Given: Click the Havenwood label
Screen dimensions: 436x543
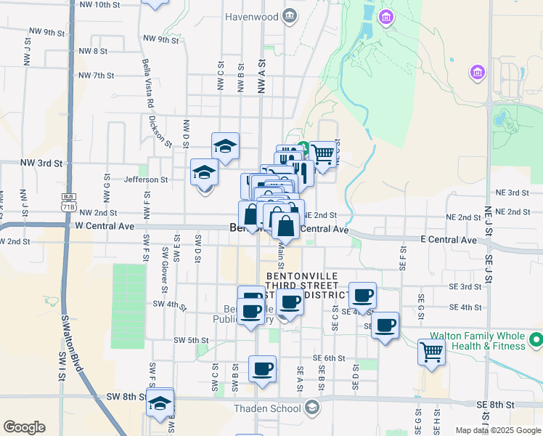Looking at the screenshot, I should (x=251, y=16).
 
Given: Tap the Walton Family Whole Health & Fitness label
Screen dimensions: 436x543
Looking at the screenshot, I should (x=477, y=341).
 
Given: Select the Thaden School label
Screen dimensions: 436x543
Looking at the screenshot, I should (x=267, y=408).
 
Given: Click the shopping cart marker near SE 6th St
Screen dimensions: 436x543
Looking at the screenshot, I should (x=431, y=352).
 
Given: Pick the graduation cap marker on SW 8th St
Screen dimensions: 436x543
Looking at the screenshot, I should (x=160, y=403).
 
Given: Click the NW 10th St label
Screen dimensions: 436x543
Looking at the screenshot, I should (x=96, y=4).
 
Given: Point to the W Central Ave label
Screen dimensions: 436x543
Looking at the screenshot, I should (x=105, y=226).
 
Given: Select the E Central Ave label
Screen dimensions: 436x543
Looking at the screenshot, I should (x=448, y=239).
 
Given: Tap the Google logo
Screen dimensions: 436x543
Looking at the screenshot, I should (x=24, y=427).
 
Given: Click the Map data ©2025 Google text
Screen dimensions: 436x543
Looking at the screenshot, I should (x=497, y=430).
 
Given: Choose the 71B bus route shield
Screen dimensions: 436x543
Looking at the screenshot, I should (x=69, y=202).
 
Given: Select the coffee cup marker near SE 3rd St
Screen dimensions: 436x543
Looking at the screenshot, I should (x=362, y=296).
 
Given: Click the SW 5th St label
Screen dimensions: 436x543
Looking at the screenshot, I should (x=191, y=340).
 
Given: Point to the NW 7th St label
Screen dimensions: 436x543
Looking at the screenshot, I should (x=97, y=76).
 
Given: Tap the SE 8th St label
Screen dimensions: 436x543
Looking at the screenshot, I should (x=496, y=404).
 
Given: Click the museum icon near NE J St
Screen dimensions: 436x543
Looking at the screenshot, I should (x=478, y=71).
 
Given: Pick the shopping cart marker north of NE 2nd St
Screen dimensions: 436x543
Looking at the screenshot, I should (x=323, y=154).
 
